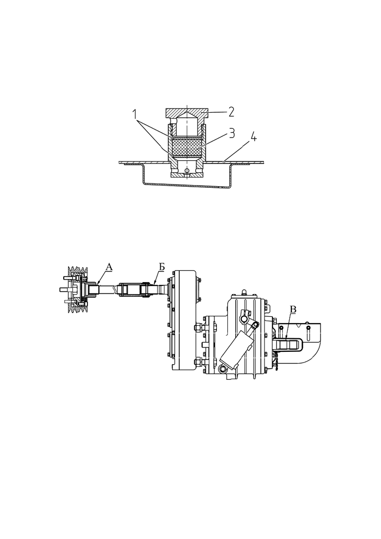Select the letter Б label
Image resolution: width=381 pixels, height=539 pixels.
(x=161, y=266)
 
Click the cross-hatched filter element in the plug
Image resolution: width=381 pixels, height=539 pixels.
(x=186, y=147)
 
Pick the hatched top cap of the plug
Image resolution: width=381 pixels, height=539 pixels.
(x=186, y=113)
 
